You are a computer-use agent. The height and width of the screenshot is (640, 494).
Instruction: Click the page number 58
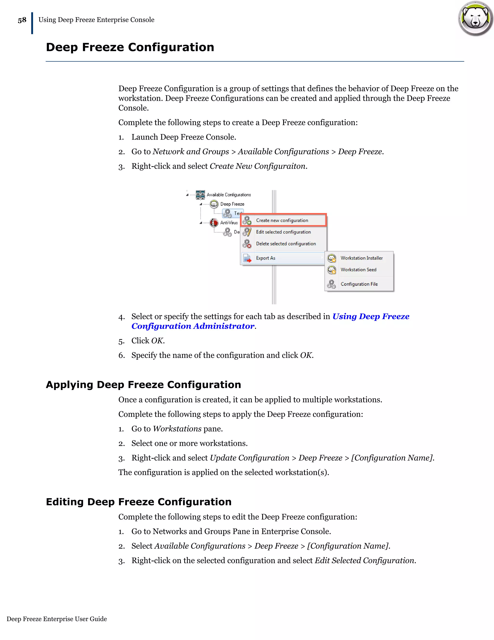click(x=22, y=20)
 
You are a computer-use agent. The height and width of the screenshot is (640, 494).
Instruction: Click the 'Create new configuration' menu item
click(x=282, y=220)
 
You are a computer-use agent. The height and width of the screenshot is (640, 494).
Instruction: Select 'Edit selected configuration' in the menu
click(x=283, y=232)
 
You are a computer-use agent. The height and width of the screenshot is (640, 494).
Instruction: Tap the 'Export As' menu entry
click(x=265, y=258)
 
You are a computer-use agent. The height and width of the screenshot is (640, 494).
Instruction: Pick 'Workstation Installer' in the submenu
click(x=361, y=258)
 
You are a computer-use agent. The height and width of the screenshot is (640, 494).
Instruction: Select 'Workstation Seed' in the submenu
click(x=358, y=270)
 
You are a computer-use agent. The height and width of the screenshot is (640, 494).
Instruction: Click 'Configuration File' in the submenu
click(x=359, y=284)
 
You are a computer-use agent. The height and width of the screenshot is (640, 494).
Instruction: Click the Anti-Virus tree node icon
click(x=214, y=223)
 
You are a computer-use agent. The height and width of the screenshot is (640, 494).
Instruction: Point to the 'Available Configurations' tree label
click(x=229, y=195)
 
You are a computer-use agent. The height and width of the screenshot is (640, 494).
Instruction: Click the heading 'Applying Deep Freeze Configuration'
click(x=144, y=384)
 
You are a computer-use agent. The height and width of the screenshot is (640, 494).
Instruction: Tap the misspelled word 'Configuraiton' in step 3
click(x=280, y=166)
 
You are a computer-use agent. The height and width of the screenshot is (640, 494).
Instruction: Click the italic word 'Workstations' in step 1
click(x=177, y=429)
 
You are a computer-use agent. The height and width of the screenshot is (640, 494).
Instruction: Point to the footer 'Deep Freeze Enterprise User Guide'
click(x=57, y=619)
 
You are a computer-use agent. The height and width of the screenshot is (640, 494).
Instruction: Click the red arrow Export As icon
click(x=247, y=258)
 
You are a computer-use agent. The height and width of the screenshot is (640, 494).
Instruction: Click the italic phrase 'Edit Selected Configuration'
click(x=365, y=560)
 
